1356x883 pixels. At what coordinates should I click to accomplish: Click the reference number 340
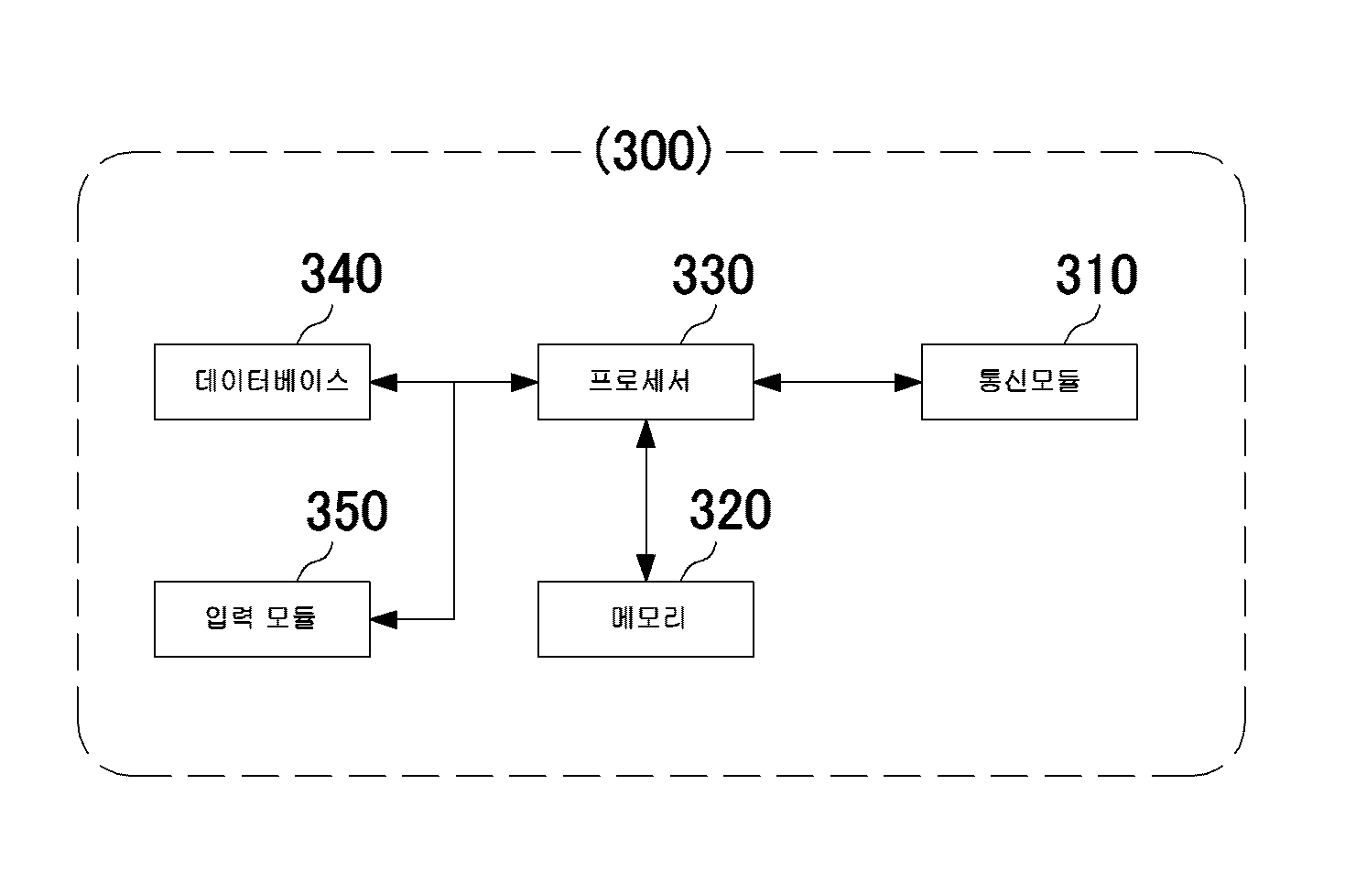pyautogui.click(x=342, y=274)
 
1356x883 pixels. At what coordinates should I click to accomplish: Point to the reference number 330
pyautogui.click(x=713, y=275)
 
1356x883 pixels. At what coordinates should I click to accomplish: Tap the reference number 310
pyautogui.click(x=1096, y=275)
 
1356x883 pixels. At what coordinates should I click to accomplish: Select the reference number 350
pyautogui.click(x=347, y=511)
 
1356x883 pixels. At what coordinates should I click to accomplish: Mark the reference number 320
pyautogui.click(x=730, y=510)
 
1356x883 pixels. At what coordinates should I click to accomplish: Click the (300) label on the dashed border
pyautogui.click(x=654, y=150)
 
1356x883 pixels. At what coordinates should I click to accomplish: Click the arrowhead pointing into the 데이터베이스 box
pyautogui.click(x=384, y=382)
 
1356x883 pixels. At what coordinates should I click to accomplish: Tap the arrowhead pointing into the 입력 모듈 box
pyautogui.click(x=384, y=619)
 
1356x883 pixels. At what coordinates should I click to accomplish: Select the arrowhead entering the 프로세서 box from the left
pyautogui.click(x=525, y=382)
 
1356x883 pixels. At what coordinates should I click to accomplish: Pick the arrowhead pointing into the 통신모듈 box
pyautogui.click(x=908, y=382)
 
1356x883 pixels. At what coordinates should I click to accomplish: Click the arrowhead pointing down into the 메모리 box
pyautogui.click(x=645, y=568)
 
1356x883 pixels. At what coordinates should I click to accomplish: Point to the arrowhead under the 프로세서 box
pyautogui.click(x=645, y=433)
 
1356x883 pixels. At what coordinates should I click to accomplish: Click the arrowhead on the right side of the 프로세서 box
pyautogui.click(x=767, y=382)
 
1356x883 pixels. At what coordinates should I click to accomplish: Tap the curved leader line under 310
pyautogui.click(x=1082, y=325)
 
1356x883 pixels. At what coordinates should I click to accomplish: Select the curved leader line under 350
pyautogui.click(x=315, y=562)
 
